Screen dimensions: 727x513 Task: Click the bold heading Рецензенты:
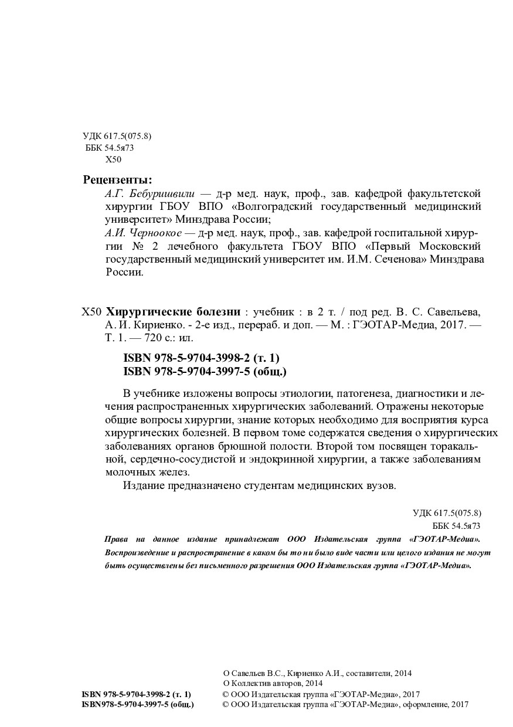[x=117, y=179]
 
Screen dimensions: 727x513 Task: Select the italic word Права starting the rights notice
[x=114, y=539]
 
